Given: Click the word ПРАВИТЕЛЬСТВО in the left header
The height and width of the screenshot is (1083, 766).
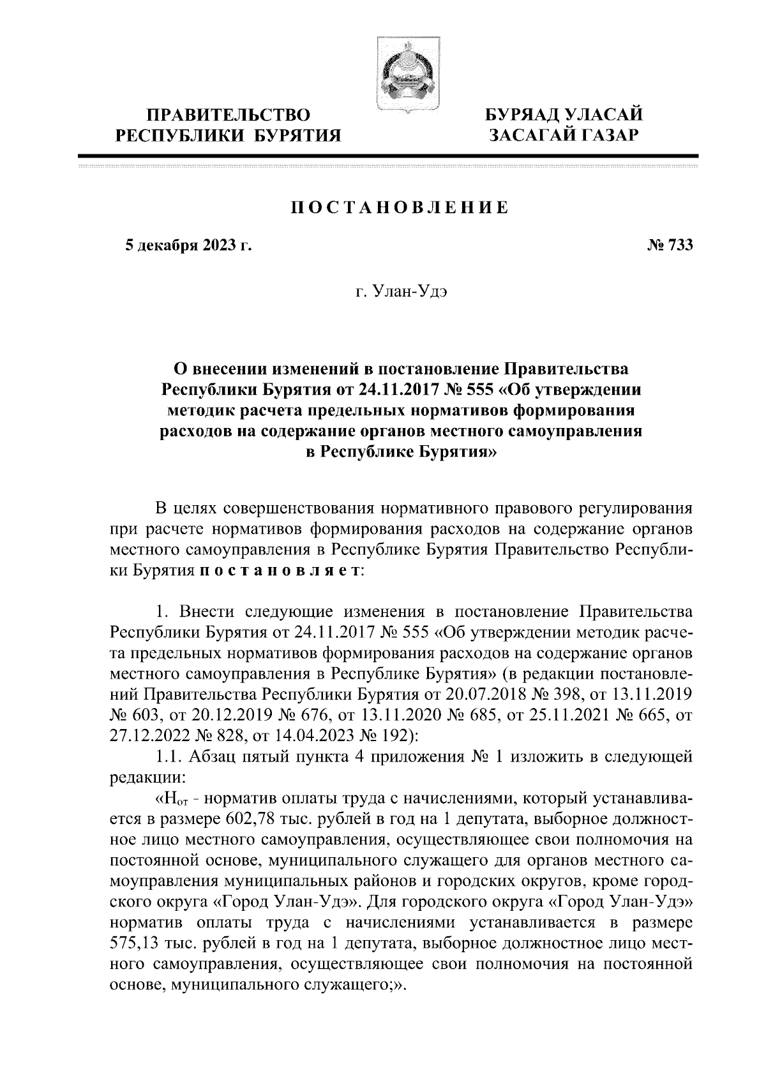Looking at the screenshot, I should (x=228, y=115).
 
